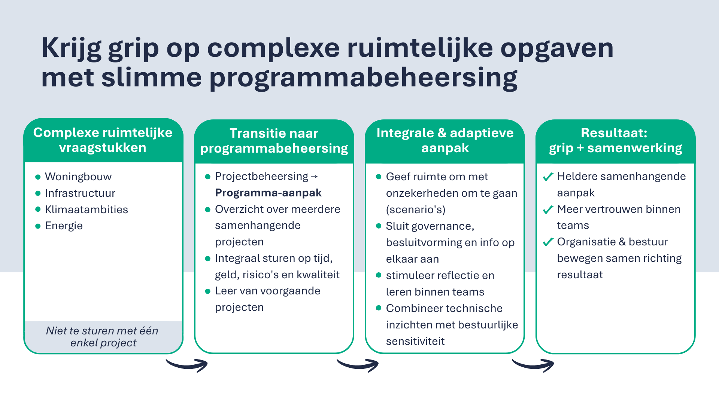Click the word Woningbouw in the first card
(x=78, y=177)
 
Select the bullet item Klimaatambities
(x=86, y=209)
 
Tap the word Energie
(x=64, y=226)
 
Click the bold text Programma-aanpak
(x=268, y=193)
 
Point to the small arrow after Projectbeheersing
(x=314, y=176)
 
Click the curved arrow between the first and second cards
(x=187, y=365)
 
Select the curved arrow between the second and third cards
(x=358, y=365)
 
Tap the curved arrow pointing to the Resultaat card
(x=533, y=365)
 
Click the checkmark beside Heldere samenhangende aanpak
(x=548, y=177)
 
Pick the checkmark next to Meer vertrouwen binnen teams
(x=548, y=209)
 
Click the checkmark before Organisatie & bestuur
(x=548, y=242)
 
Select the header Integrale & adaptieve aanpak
(x=445, y=141)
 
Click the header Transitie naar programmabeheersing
(x=274, y=141)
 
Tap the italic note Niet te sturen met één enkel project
(x=103, y=337)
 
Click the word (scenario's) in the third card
(x=416, y=209)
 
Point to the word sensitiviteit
(x=415, y=341)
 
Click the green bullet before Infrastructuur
(x=38, y=193)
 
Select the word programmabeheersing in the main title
(x=363, y=78)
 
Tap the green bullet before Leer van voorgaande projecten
(x=208, y=291)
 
